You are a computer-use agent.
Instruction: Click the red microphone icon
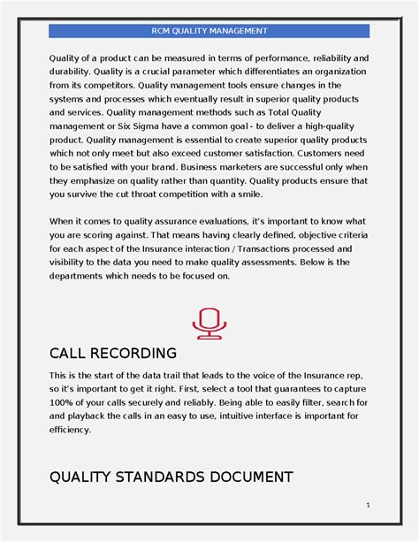209,322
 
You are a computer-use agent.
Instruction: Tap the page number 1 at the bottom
367,505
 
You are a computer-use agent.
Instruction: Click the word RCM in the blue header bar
162,31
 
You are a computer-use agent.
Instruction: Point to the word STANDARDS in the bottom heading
164,477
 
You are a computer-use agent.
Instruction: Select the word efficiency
71,430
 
